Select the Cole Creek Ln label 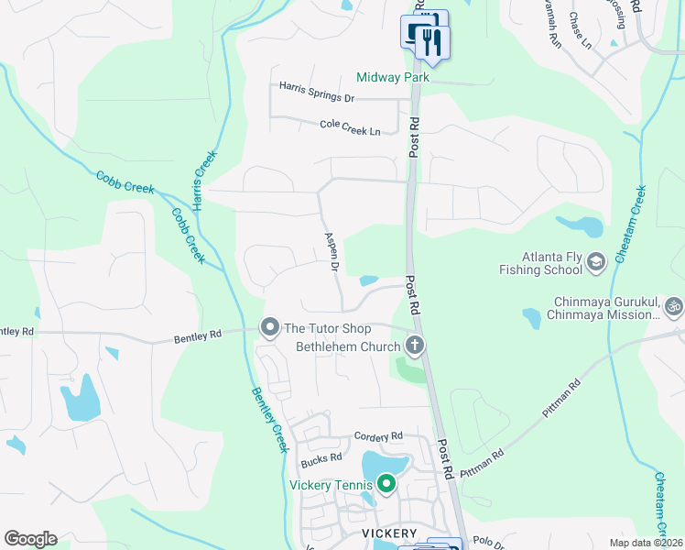350,127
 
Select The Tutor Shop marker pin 269,327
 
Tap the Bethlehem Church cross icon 415,346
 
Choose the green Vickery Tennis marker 386,483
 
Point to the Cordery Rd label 376,436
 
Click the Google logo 30,539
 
